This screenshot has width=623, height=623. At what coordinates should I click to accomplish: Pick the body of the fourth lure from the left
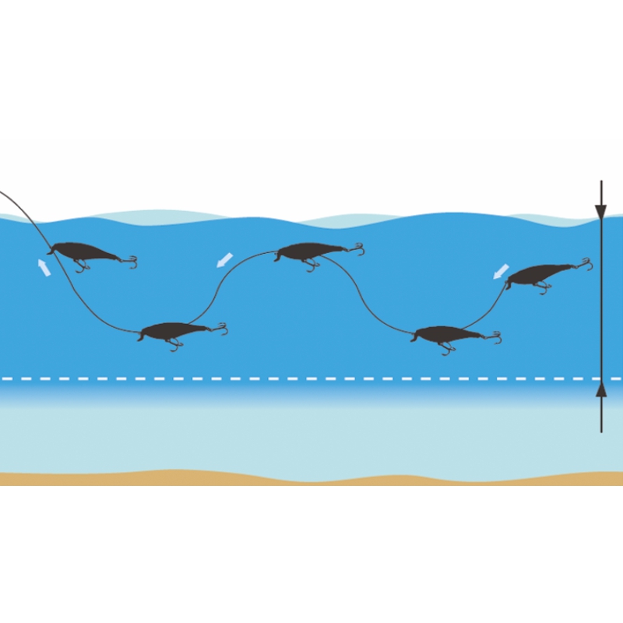coord(448,334)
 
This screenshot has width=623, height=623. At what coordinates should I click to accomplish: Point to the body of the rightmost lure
coord(541,273)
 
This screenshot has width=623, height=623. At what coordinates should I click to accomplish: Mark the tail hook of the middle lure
coord(358,249)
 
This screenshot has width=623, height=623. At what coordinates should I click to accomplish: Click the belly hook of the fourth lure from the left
coord(446,348)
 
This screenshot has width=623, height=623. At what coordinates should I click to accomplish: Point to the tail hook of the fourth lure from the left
coord(495,337)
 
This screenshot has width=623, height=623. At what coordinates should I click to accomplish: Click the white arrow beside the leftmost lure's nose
coord(44,268)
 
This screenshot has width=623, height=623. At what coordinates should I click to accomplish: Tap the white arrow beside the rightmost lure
coord(501,271)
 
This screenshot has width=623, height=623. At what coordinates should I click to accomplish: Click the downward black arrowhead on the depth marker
coord(600,210)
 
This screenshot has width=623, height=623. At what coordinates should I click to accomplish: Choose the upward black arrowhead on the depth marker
coord(600,389)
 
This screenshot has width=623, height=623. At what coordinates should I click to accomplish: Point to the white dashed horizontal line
coord(311,379)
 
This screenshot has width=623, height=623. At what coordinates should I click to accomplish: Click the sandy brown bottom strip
coord(311,479)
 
